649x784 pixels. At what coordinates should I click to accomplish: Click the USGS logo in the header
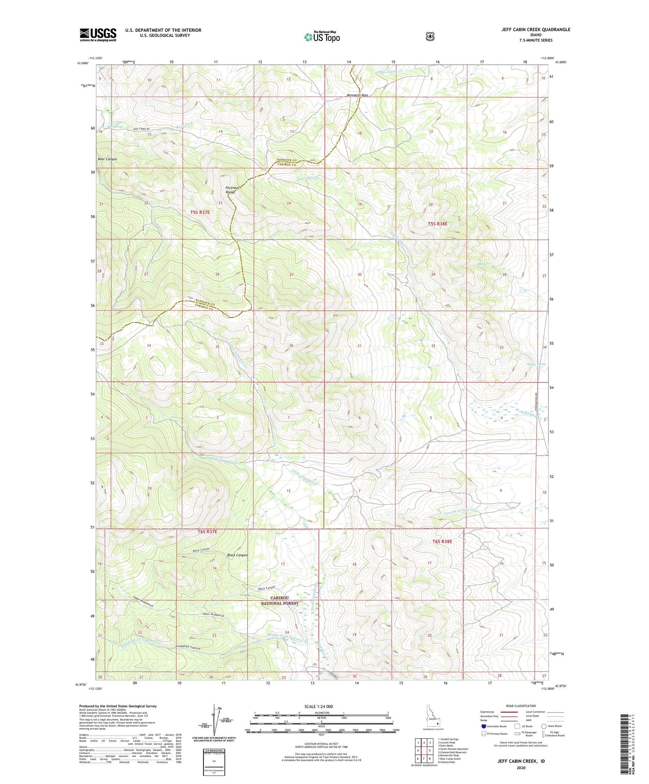(98, 35)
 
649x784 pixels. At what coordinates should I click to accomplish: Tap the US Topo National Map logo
(322, 37)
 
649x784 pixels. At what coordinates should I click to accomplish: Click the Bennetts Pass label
(358, 96)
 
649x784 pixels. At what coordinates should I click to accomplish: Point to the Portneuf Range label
(230, 190)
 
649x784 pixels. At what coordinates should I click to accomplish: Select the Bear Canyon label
(107, 159)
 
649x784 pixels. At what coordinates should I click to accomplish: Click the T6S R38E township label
(442, 542)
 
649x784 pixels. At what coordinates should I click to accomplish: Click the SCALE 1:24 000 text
(318, 706)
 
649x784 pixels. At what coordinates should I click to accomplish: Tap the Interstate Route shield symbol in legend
(484, 726)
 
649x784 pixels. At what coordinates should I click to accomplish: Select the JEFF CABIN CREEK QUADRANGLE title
(536, 30)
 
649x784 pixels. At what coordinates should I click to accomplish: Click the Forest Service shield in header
(430, 36)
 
